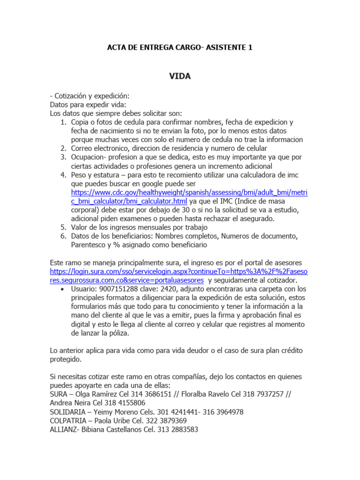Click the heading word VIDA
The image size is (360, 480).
(x=180, y=76)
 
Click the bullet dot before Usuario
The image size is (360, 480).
(x=63, y=289)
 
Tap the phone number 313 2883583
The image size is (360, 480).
(x=175, y=429)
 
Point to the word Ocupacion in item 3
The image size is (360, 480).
(x=88, y=157)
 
